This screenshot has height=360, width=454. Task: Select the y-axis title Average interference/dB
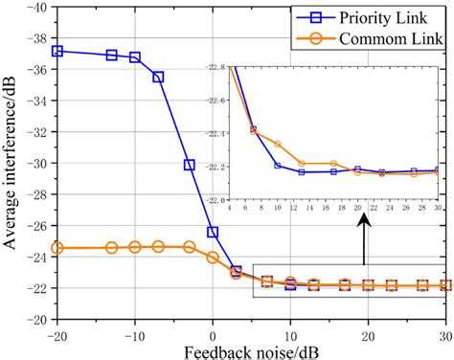pyautogui.click(x=11, y=163)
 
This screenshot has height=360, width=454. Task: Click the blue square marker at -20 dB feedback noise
pyautogui.click(x=57, y=51)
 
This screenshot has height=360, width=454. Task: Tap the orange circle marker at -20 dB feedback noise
pyautogui.click(x=57, y=248)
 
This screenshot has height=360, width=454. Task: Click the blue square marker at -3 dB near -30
pyautogui.click(x=190, y=165)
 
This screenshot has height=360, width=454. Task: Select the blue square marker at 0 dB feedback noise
pyautogui.click(x=213, y=232)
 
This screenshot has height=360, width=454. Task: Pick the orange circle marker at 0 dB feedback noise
pyautogui.click(x=213, y=257)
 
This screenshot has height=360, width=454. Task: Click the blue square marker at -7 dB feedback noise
pyautogui.click(x=158, y=77)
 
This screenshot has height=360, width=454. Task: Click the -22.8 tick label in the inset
pyautogui.click(x=216, y=68)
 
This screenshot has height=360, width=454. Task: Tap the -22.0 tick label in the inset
pyautogui.click(x=216, y=199)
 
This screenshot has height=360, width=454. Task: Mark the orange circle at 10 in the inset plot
pyautogui.click(x=278, y=144)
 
